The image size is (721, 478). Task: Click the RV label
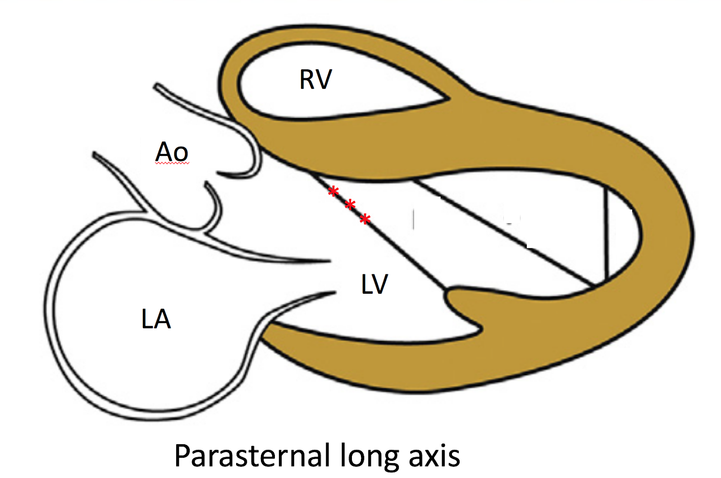point(315,80)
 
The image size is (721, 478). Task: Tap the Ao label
point(171,152)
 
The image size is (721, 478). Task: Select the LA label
point(156,319)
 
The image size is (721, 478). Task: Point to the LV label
point(374,284)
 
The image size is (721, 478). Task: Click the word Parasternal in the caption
point(252,456)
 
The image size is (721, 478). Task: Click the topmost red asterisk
point(333,191)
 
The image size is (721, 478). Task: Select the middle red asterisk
point(350,205)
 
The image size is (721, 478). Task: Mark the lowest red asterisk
point(365,219)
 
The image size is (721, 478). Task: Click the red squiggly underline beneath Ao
point(172,164)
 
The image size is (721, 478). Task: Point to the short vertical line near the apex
point(607,234)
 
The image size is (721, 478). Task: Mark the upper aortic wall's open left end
point(156,86)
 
